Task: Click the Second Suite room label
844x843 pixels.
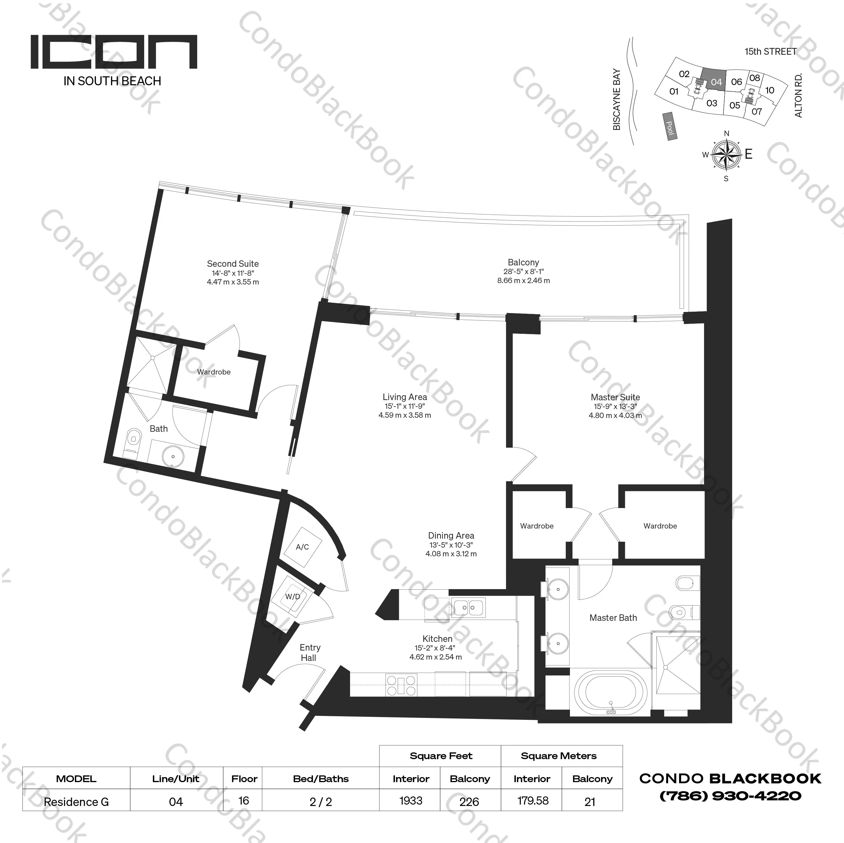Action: pos(233,263)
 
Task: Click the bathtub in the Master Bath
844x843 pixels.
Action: pos(610,694)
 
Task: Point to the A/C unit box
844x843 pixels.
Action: pos(302,547)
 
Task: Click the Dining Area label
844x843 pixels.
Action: pos(451,535)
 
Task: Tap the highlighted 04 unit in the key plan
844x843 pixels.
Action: pos(716,81)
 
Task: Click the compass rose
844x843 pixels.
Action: pos(726,155)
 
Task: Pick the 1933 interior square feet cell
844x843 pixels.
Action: pos(411,801)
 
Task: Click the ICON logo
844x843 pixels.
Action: pos(114,52)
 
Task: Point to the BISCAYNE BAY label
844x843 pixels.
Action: pos(617,99)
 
